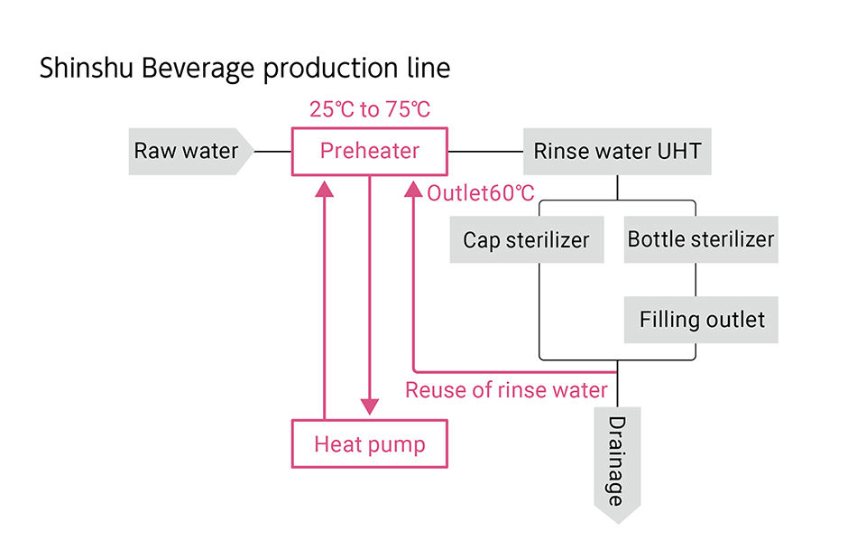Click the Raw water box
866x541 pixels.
pyautogui.click(x=187, y=151)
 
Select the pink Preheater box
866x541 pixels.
pyautogui.click(x=369, y=151)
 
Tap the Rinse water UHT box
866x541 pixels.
pyautogui.click(x=617, y=151)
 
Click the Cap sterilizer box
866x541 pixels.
pyautogui.click(x=526, y=240)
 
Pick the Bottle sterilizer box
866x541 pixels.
pyautogui.click(x=700, y=240)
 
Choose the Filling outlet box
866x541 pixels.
pyautogui.click(x=701, y=320)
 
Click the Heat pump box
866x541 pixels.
pyautogui.click(x=369, y=443)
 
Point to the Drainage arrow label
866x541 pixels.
pyautogui.click(x=616, y=462)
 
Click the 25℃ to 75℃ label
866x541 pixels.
pyautogui.click(x=370, y=110)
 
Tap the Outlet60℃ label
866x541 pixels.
pyautogui.click(x=480, y=193)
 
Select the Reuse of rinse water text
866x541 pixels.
pyautogui.click(x=506, y=390)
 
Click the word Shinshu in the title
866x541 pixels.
pyautogui.click(x=86, y=70)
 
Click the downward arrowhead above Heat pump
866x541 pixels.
pyautogui.click(x=369, y=406)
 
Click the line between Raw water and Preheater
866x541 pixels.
pyautogui.click(x=272, y=152)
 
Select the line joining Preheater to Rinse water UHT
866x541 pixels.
pyautogui.click(x=484, y=152)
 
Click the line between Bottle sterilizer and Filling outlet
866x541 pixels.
pyautogui.click(x=696, y=280)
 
